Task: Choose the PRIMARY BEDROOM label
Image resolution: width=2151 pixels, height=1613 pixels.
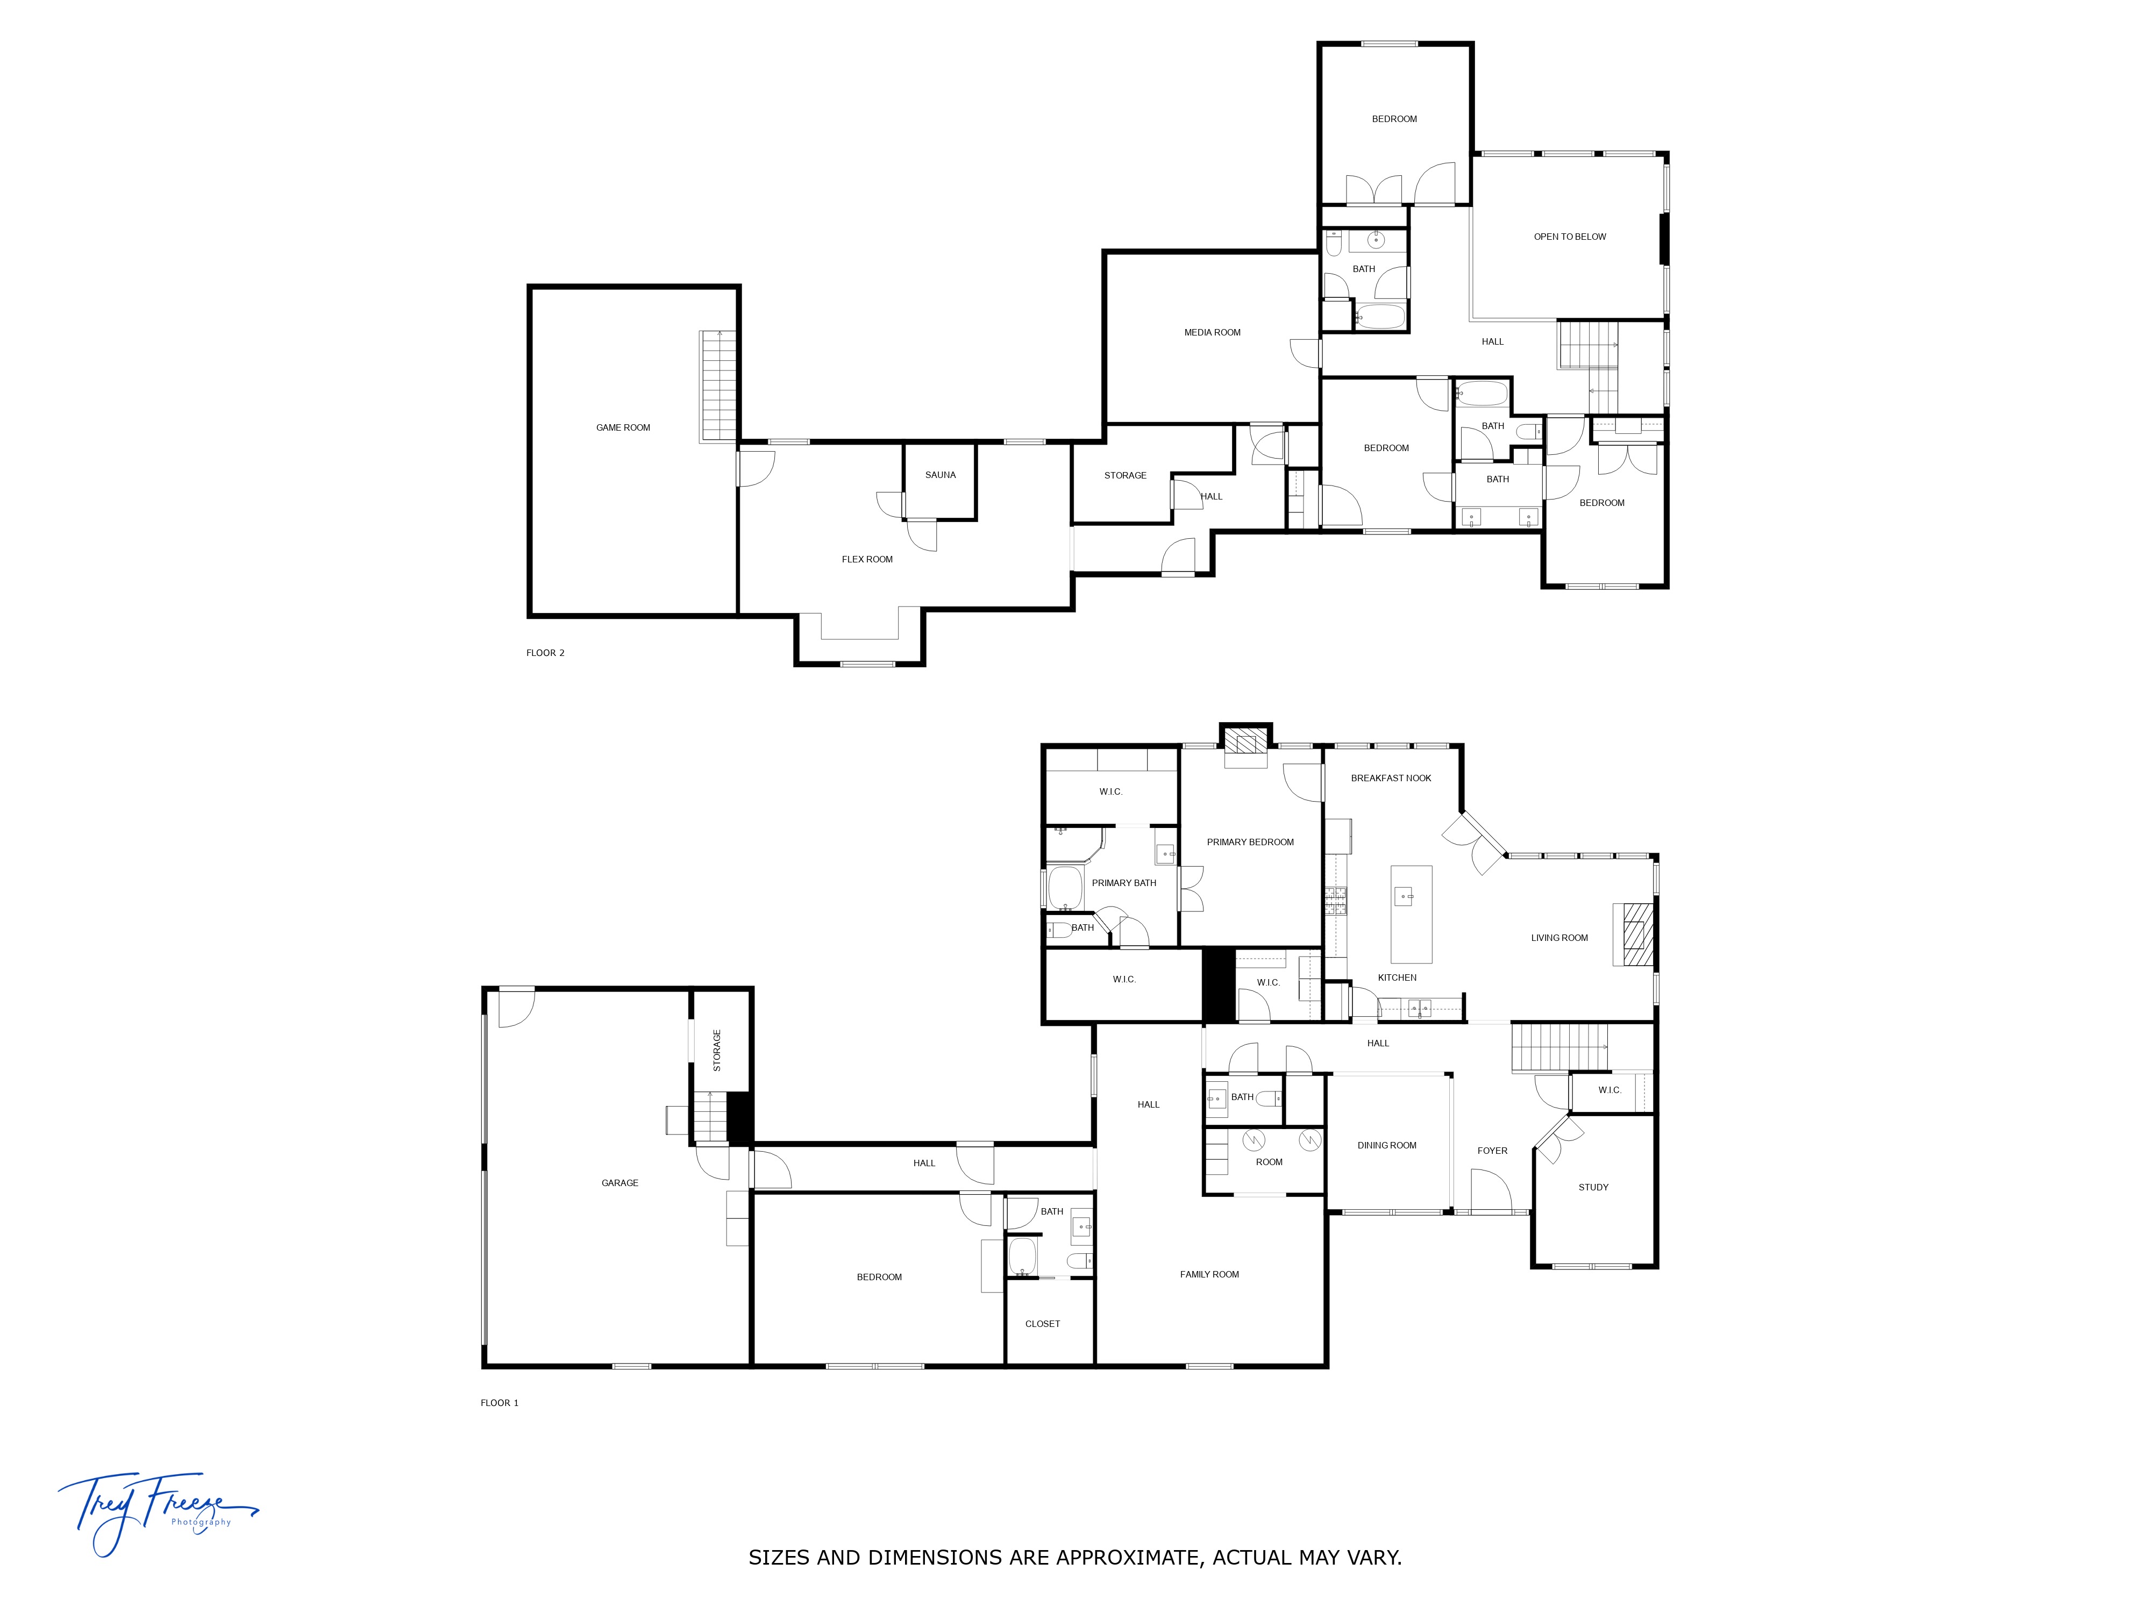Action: click(1250, 842)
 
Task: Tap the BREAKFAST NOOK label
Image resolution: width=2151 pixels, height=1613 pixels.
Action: click(1391, 779)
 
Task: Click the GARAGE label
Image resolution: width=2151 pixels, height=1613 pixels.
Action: click(619, 1183)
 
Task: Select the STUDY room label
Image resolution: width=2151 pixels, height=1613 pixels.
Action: click(1593, 1187)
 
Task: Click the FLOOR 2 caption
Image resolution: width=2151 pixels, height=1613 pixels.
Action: click(545, 653)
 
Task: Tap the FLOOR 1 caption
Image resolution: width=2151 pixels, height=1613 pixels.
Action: click(499, 1403)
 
